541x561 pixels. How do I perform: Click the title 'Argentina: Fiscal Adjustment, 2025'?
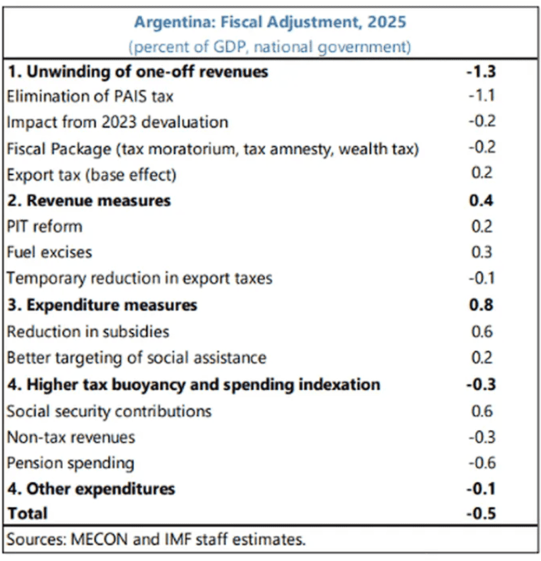270,22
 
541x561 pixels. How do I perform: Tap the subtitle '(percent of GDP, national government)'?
270,47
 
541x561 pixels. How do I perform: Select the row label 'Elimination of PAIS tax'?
90,96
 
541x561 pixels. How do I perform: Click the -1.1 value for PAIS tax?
481,96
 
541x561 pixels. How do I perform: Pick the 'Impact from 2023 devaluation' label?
117,122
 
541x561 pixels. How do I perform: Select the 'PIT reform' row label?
44,226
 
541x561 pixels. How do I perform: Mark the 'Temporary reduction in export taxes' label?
139,278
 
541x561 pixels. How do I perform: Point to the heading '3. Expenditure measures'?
102,305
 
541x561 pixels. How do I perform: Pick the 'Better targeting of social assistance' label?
136,358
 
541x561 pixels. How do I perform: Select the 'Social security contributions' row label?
109,411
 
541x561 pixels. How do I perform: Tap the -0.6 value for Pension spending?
481,464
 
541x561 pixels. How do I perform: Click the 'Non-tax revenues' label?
70,437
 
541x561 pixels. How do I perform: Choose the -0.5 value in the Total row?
481,513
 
